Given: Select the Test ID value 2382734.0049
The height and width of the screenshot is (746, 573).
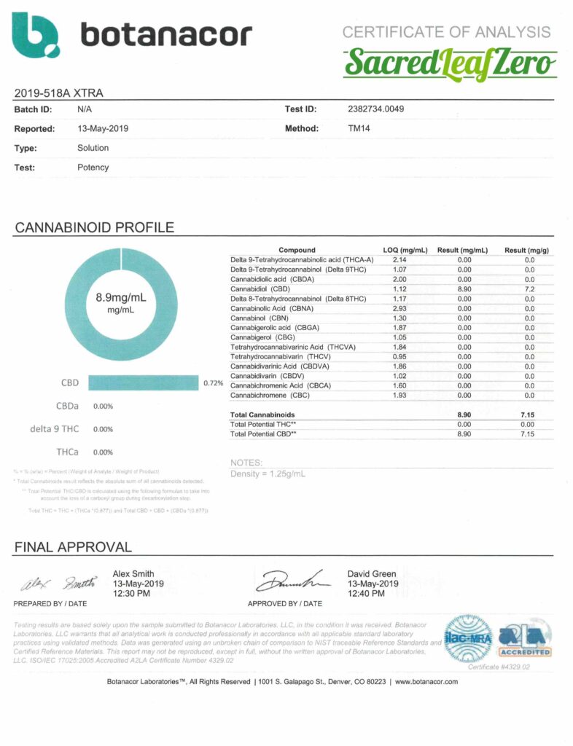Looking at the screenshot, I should coord(376,109).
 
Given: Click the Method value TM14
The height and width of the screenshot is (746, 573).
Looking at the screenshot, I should coord(359,128).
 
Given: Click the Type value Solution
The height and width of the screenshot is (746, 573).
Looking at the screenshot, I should coord(93,148).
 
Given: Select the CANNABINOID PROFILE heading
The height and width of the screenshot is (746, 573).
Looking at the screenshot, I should coord(94,227).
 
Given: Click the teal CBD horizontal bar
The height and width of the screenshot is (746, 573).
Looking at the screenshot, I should coord(144,382).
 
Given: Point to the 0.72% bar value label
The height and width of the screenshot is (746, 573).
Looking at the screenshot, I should coord(213,382).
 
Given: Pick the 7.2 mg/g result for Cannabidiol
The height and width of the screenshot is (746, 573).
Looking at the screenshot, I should coord(529,289).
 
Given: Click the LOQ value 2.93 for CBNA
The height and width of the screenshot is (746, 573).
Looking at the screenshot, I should coord(399,308).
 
